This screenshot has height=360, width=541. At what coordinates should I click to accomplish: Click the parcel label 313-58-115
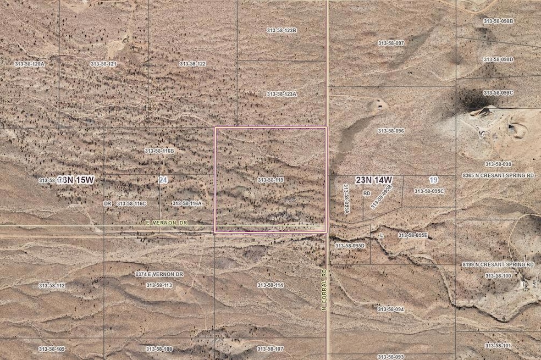coord(270,180)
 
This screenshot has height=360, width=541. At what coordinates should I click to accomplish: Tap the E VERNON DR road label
coord(167,223)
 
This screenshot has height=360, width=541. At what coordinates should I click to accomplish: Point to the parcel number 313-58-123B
coord(281,30)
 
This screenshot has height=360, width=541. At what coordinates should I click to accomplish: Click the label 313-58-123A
coord(281,94)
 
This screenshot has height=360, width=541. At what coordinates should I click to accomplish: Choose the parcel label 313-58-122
coord(192,64)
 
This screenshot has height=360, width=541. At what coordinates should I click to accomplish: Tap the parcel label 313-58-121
coord(103,64)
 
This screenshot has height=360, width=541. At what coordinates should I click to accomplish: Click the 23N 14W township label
coord(374,179)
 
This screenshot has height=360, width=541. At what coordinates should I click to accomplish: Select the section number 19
coord(433,179)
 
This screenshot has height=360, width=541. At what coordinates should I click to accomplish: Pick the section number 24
coord(162,180)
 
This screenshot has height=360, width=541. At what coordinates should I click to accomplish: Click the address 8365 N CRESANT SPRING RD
coord(498,175)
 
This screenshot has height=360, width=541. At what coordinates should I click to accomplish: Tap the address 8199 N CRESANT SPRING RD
coord(498,265)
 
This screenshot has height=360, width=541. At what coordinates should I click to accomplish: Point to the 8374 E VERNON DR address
coord(159,274)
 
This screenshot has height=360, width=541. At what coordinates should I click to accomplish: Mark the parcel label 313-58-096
coord(391,131)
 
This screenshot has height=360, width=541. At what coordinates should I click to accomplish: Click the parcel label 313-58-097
coord(391,43)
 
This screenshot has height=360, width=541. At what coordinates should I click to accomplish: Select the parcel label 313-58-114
coord(270,285)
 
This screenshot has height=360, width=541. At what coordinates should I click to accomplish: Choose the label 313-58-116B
coord(159,151)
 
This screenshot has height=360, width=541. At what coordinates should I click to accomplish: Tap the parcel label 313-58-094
coord(391,309)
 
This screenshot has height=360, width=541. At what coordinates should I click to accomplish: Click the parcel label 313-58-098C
coord(498,93)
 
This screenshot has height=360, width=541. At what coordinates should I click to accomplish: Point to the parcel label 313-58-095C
coord(429,191)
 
